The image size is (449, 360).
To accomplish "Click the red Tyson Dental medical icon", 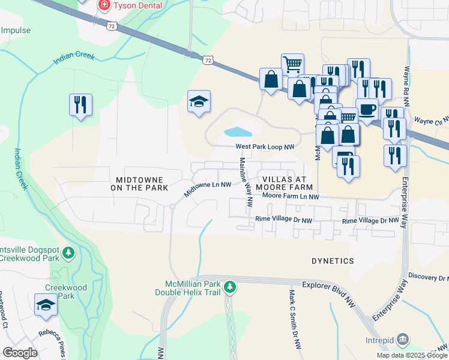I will [104, 5].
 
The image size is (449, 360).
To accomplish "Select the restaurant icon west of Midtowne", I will [80, 105].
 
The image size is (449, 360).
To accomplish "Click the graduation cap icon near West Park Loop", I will [199, 101].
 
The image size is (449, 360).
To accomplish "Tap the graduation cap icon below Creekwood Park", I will [46, 305].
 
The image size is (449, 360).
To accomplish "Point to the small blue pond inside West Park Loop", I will [238, 131].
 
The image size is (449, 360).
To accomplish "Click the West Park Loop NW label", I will [265, 146].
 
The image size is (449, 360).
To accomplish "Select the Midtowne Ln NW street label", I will [208, 190].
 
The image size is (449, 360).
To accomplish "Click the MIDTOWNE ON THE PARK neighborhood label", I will [139, 184].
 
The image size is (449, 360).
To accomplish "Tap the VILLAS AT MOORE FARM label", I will [285, 184].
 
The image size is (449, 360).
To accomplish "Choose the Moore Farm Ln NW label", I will [291, 196].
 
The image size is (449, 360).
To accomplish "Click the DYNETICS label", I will [333, 261].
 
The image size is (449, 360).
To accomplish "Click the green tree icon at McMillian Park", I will [229, 287].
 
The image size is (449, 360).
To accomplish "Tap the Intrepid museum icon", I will [403, 340].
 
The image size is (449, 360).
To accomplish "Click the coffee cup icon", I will [367, 109].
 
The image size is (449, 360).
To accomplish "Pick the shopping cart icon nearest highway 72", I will [292, 64].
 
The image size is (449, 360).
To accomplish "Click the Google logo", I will [20, 353].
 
